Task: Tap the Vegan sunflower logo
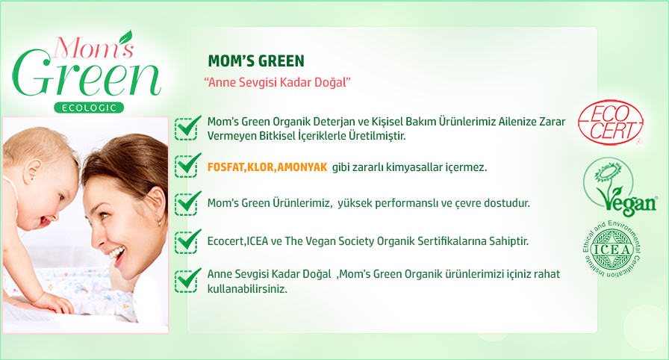(620, 187)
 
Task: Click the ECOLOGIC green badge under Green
(89, 108)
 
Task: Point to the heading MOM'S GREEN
(256, 61)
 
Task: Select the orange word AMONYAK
(302, 167)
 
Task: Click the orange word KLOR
(261, 167)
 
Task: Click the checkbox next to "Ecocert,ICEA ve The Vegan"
(187, 241)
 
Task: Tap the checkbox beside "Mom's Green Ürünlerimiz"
(187, 203)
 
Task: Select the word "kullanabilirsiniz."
(247, 289)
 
